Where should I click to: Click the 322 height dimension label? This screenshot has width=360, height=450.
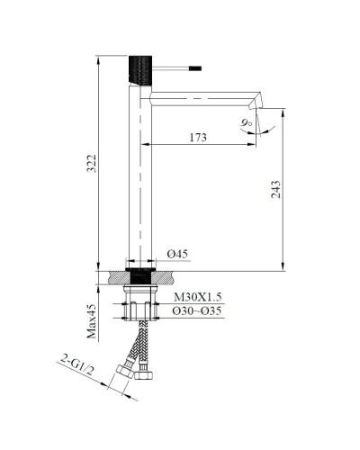pos(86,163)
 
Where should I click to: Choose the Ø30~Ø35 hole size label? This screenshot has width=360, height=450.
pos(197,310)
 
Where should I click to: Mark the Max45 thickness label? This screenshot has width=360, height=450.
pos(92,321)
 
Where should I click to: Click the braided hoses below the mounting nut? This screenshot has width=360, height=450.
pos(139,342)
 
